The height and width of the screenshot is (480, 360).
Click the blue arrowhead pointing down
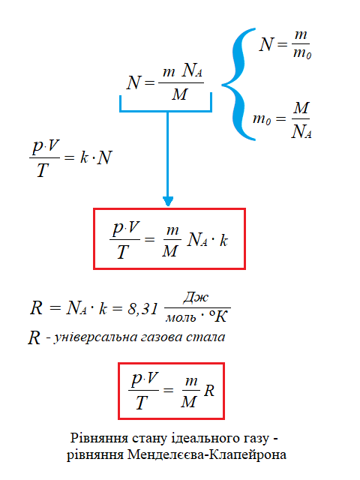(168, 201)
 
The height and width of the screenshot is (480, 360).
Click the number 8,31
(143, 308)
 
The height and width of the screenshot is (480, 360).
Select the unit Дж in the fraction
(196, 297)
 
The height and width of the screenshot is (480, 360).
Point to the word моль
(181, 318)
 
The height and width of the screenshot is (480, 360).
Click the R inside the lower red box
(209, 391)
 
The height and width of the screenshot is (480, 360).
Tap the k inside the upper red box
(223, 240)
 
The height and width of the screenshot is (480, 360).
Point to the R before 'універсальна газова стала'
(34, 337)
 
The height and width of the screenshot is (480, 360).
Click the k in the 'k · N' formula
(84, 157)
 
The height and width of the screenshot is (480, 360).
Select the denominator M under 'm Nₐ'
(179, 94)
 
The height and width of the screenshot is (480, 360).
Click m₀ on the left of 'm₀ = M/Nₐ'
(262, 118)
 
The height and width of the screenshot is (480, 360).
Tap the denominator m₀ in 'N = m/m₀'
(302, 53)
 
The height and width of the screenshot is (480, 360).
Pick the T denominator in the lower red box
(142, 402)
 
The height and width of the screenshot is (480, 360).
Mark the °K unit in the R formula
(218, 316)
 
